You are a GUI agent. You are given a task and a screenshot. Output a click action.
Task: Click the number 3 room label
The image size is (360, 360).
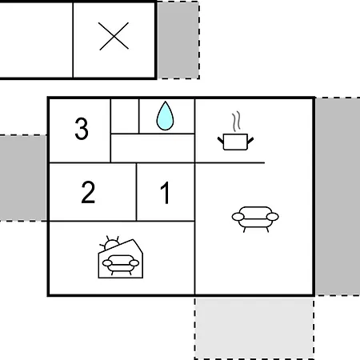coord(82,129)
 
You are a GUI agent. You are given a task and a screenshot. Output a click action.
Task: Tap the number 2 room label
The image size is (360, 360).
coord(88,192)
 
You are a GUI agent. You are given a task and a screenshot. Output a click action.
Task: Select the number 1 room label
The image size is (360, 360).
coord(165,193)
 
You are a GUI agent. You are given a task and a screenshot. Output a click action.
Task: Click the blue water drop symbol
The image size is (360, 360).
coord(165,116)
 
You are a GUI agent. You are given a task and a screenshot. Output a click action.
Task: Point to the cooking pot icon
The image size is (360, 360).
coord(235,142)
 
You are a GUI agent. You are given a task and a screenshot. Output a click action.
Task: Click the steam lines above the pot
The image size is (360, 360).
coord(236,122)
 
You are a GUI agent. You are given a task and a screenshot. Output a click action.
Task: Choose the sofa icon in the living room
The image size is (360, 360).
coord(255,219)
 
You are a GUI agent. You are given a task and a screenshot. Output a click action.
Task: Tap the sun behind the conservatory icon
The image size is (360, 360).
coord(110,243)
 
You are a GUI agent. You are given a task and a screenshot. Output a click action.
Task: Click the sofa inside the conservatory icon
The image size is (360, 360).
coord(121,265)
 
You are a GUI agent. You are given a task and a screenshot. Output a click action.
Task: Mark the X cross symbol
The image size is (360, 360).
coord(114,36)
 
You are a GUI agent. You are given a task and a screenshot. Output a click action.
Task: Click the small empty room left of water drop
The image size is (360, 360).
coord(125,116)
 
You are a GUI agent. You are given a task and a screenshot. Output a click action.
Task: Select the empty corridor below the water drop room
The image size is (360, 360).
coord(153,148)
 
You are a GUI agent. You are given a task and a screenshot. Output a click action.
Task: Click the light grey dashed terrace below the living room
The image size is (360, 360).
coord(254,328)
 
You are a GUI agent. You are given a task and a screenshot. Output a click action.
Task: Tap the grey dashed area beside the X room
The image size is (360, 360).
coord(178,40)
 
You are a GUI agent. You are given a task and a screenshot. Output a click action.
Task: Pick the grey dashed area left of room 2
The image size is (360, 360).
coord(23,178)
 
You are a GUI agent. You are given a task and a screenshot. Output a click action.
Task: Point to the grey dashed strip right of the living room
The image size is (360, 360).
coord(338,197)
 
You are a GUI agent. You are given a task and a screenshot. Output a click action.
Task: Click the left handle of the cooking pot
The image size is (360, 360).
coord(221,140)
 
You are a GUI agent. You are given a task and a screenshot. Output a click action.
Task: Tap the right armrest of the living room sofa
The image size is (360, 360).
coord(273,217)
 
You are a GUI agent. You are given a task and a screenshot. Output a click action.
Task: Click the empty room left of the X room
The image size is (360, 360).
coord(36,40)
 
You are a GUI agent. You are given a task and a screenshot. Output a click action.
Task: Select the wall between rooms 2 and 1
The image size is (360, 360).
coord(136,192)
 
